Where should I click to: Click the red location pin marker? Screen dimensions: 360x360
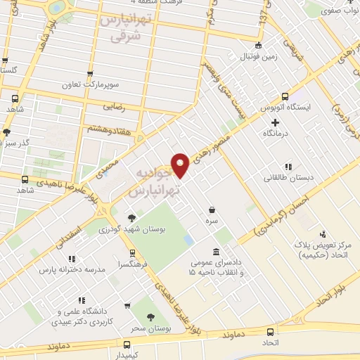(181, 165)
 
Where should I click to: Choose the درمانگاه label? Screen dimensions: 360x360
(276, 133)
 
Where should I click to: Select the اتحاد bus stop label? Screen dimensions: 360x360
(271, 342)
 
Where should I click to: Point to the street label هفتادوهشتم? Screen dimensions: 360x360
(107, 128)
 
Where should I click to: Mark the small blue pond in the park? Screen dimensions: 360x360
(188, 240)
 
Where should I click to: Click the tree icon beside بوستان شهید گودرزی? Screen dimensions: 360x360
(132, 217)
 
